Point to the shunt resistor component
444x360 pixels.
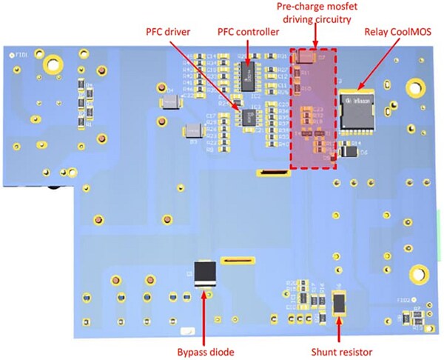(340, 304)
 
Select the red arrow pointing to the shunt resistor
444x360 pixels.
(340, 330)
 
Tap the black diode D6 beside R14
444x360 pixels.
(352, 151)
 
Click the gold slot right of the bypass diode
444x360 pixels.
(239, 261)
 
